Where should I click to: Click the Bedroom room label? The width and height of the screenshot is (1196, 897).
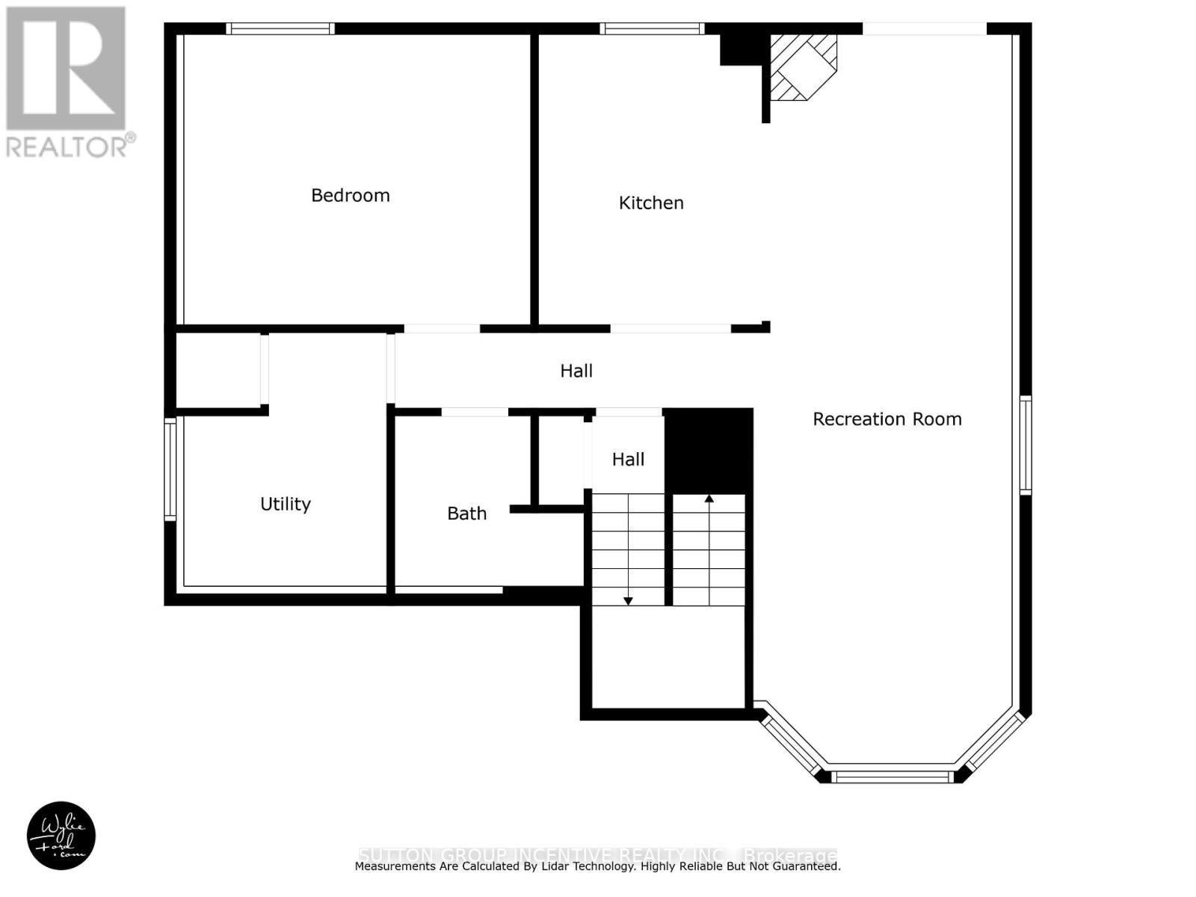point(350,195)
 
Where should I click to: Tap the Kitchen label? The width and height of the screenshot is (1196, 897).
point(650,203)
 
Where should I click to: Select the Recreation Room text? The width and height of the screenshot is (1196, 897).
point(887,419)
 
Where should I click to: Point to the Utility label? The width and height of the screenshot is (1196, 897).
point(285,504)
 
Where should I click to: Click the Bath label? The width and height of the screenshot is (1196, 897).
point(466,514)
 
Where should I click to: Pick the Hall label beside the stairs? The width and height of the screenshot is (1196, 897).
point(628,460)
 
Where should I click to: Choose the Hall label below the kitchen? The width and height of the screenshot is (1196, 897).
point(576,371)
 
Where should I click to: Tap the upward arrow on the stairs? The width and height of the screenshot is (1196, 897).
point(709,499)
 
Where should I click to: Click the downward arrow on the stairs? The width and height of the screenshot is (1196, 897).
point(628,599)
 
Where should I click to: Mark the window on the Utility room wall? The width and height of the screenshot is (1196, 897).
point(170,469)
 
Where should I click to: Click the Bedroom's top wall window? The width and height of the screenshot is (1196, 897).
point(280,28)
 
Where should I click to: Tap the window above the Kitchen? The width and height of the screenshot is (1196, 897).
point(652,28)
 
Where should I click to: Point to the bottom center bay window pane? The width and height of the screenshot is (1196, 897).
point(892,777)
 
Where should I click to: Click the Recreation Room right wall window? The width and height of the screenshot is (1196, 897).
point(1026,445)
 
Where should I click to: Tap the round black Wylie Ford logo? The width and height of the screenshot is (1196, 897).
point(61,836)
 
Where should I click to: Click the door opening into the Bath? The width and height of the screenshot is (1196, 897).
point(475,412)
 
